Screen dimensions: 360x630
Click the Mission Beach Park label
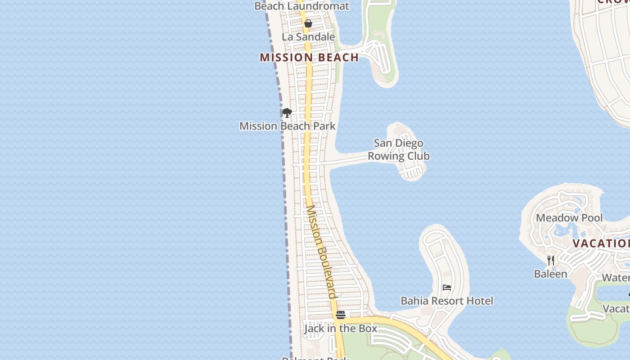[287, 126]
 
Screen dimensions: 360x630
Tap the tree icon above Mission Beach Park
[287, 112]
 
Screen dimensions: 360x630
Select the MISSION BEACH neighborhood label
[309, 58]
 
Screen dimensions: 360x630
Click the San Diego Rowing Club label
[399, 149]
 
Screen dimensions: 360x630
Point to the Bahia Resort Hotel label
[447, 301]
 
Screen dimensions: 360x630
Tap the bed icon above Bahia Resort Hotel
[447, 288]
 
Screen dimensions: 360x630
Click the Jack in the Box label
[341, 328]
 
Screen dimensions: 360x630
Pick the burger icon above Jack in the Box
[341, 315]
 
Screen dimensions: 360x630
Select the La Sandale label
[308, 37]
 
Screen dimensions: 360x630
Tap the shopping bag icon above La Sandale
[308, 23]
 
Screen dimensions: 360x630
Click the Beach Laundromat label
[301, 6]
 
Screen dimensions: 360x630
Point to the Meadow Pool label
[569, 218]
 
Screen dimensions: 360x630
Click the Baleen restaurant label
[550, 274]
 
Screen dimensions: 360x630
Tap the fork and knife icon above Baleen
[550, 260]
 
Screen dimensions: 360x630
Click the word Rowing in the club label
[384, 156]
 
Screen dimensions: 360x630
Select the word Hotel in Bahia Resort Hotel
[480, 301]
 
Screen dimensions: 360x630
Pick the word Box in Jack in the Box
[367, 328]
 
